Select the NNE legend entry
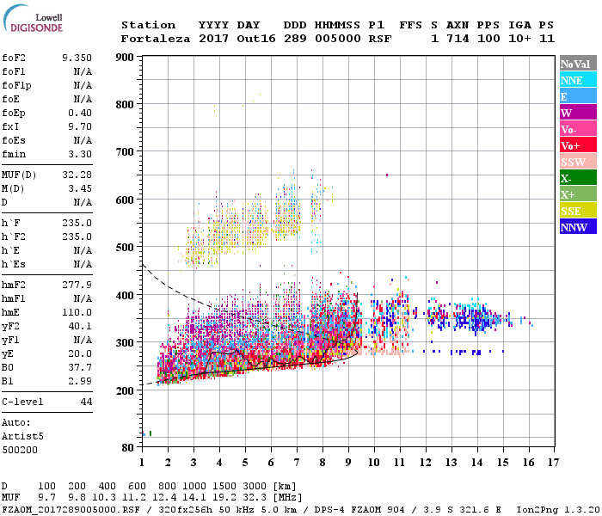[578, 80]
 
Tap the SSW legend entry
[578, 162]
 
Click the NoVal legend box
[578, 64]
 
